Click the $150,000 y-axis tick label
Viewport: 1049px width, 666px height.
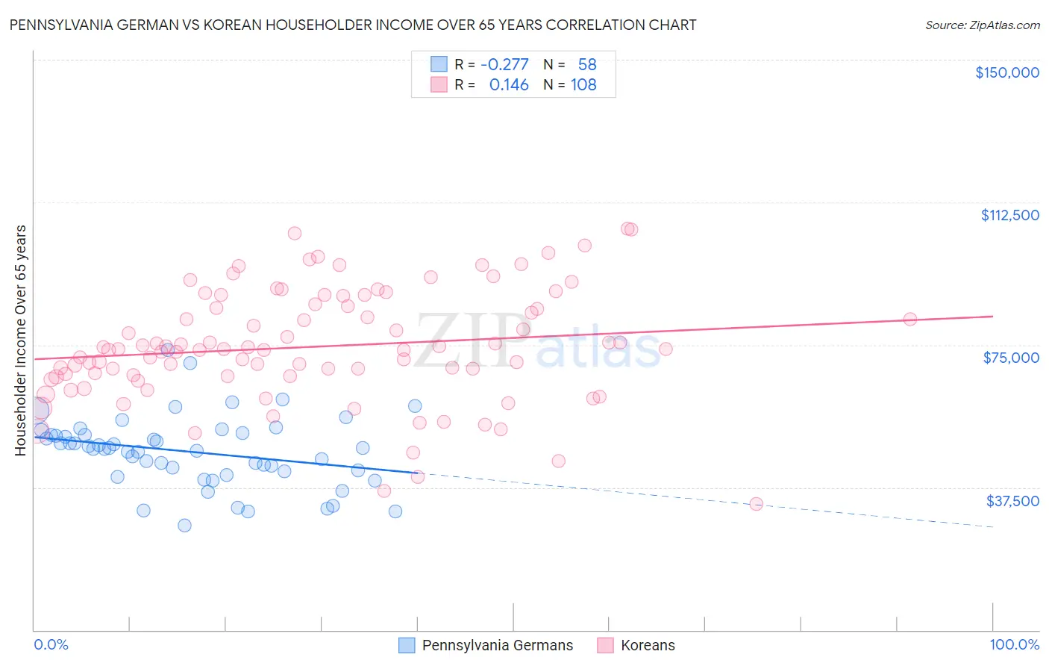1006,72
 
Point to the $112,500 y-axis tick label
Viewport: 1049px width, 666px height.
1009,215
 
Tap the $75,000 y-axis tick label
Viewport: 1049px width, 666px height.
1011,358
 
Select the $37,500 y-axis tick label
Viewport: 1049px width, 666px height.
1012,501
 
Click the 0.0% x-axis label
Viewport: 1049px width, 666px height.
51,644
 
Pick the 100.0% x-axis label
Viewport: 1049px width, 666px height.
1014,644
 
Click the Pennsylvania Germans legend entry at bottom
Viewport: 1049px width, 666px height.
497,645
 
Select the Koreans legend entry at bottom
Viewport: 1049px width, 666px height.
647,645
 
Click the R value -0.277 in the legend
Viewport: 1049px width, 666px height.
504,65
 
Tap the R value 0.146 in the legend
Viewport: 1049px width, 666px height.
509,85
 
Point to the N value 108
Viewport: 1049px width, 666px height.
583,85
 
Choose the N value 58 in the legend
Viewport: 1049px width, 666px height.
587,65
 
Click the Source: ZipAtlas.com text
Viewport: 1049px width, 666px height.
982,25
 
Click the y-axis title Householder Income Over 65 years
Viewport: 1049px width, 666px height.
21,340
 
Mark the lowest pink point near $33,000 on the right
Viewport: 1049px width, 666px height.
756,504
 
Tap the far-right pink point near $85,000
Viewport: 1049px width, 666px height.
910,320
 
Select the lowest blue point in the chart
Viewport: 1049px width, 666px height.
184,526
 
